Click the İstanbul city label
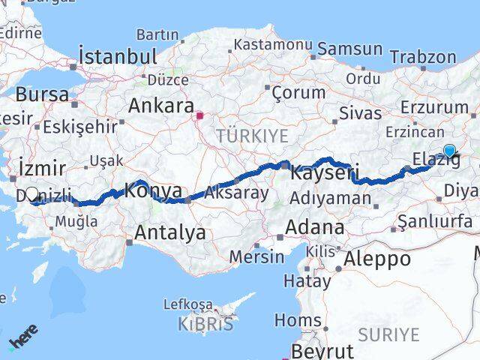118,56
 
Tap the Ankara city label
161,106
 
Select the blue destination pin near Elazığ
449,151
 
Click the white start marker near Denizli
32,195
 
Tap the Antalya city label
169,232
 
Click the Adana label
315,226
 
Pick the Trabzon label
423,56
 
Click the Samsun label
349,49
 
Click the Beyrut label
322,351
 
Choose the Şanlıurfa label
436,221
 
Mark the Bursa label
42,94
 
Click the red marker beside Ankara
199,116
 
